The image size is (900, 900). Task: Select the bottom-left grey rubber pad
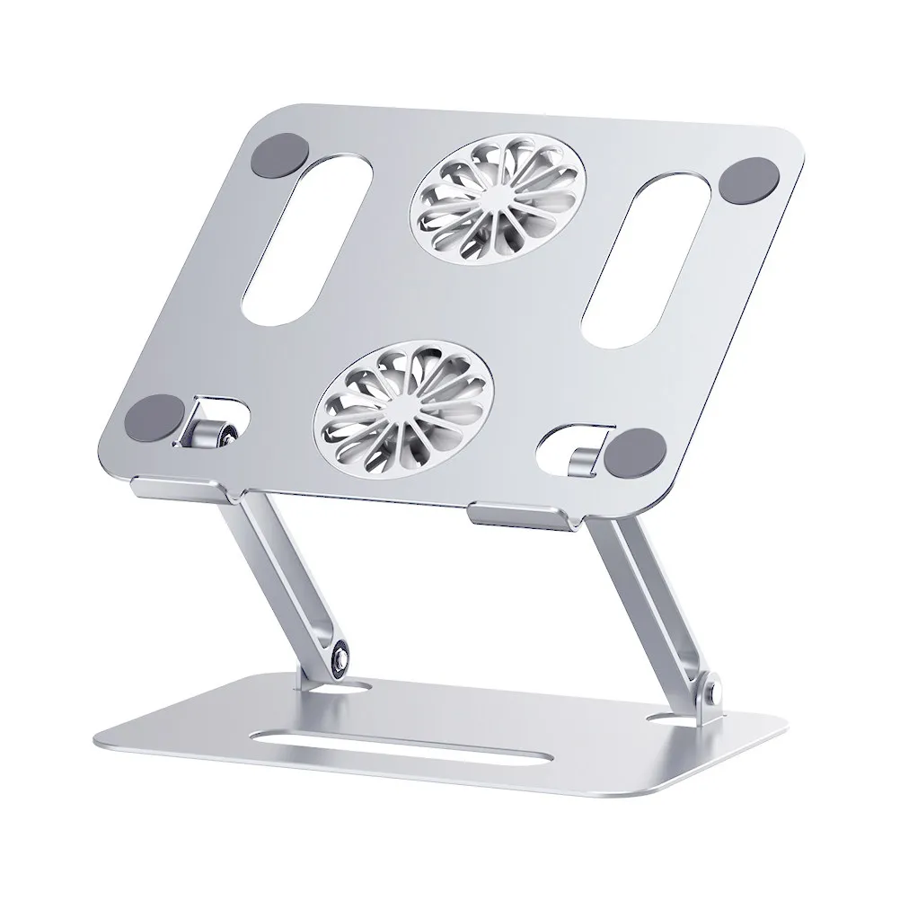point(165,418)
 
